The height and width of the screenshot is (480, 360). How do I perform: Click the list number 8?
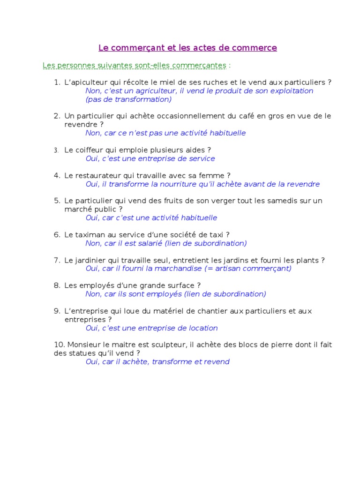56,285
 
